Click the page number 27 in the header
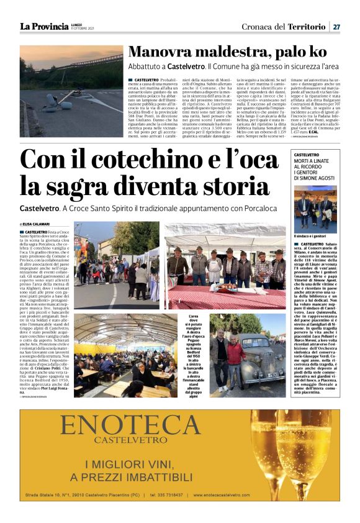(336, 26)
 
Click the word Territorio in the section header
(306, 26)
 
